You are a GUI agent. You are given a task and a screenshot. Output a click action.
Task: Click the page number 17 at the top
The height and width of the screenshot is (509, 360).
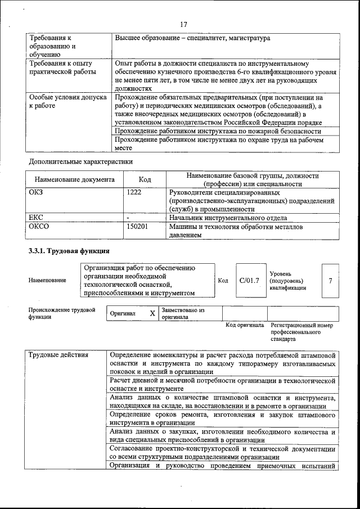pyautogui.click(x=183, y=24)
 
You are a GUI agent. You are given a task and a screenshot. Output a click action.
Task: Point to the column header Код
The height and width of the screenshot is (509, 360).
pyautogui.click(x=145, y=179)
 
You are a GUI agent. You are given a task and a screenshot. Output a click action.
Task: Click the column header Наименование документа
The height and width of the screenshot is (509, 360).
pyautogui.click(x=74, y=179)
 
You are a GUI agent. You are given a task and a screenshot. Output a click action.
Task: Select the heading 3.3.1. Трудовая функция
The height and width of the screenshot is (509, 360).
pyautogui.click(x=69, y=251)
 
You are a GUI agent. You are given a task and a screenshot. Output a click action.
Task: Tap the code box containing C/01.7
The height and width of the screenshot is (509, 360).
pyautogui.click(x=249, y=280)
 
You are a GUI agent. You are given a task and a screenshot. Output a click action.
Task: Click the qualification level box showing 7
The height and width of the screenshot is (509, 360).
pyautogui.click(x=330, y=280)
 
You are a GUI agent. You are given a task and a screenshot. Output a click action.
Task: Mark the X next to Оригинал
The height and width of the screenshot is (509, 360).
pyautogui.click(x=152, y=314)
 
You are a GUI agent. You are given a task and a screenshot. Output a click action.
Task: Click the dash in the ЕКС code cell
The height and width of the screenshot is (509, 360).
pyautogui.click(x=129, y=218)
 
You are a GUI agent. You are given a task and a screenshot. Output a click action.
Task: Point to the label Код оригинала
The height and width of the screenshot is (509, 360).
pyautogui.click(x=244, y=325)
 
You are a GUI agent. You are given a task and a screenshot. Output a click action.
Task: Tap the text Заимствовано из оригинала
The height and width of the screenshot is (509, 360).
pyautogui.click(x=182, y=313)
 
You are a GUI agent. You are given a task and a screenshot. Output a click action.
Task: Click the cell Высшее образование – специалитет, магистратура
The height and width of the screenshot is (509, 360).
pyautogui.click(x=192, y=38)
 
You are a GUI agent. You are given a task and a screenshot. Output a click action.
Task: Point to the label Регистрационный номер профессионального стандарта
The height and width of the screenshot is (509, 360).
pyautogui.click(x=301, y=332)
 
